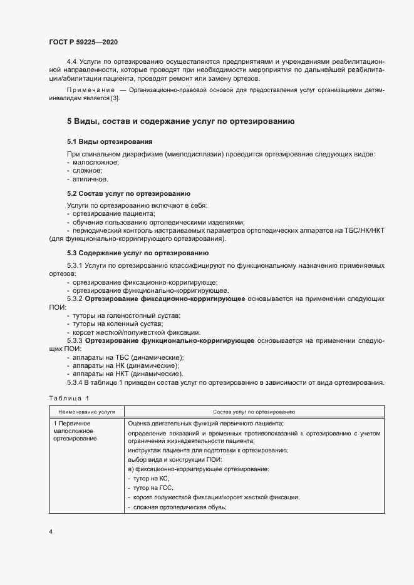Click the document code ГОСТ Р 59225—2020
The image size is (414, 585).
tap(83, 42)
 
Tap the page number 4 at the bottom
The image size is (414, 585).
tap(50, 531)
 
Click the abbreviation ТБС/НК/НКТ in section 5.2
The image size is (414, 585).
tap(361, 231)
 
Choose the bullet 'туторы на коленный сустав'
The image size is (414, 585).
tap(117, 323)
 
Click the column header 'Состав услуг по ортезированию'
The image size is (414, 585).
tap(254, 412)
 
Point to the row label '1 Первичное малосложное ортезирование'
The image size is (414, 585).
tap(76, 431)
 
